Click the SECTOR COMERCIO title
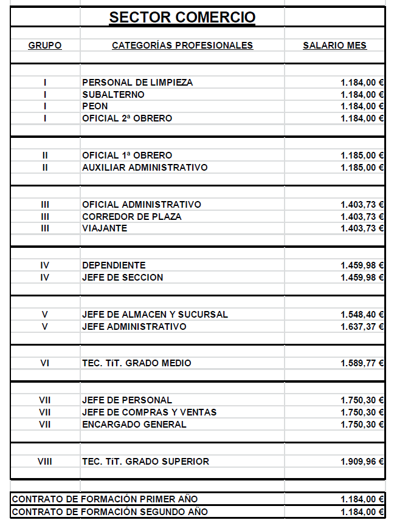click(182, 17)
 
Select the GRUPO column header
click(45, 46)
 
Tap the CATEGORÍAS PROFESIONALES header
click(182, 46)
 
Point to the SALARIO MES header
click(334, 46)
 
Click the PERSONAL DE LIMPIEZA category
click(137, 82)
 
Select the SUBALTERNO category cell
click(113, 94)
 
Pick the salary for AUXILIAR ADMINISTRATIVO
click(362, 168)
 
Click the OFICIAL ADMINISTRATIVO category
click(142, 204)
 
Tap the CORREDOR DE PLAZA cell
click(131, 216)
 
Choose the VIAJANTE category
click(105, 228)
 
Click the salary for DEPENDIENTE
click(362, 265)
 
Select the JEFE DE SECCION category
click(122, 278)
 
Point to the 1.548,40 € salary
click(362, 315)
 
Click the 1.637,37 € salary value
click(362, 327)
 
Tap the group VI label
click(45, 363)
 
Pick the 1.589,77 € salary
click(362, 363)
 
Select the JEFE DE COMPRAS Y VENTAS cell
click(149, 412)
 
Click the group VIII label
click(45, 462)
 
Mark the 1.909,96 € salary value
click(362, 462)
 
